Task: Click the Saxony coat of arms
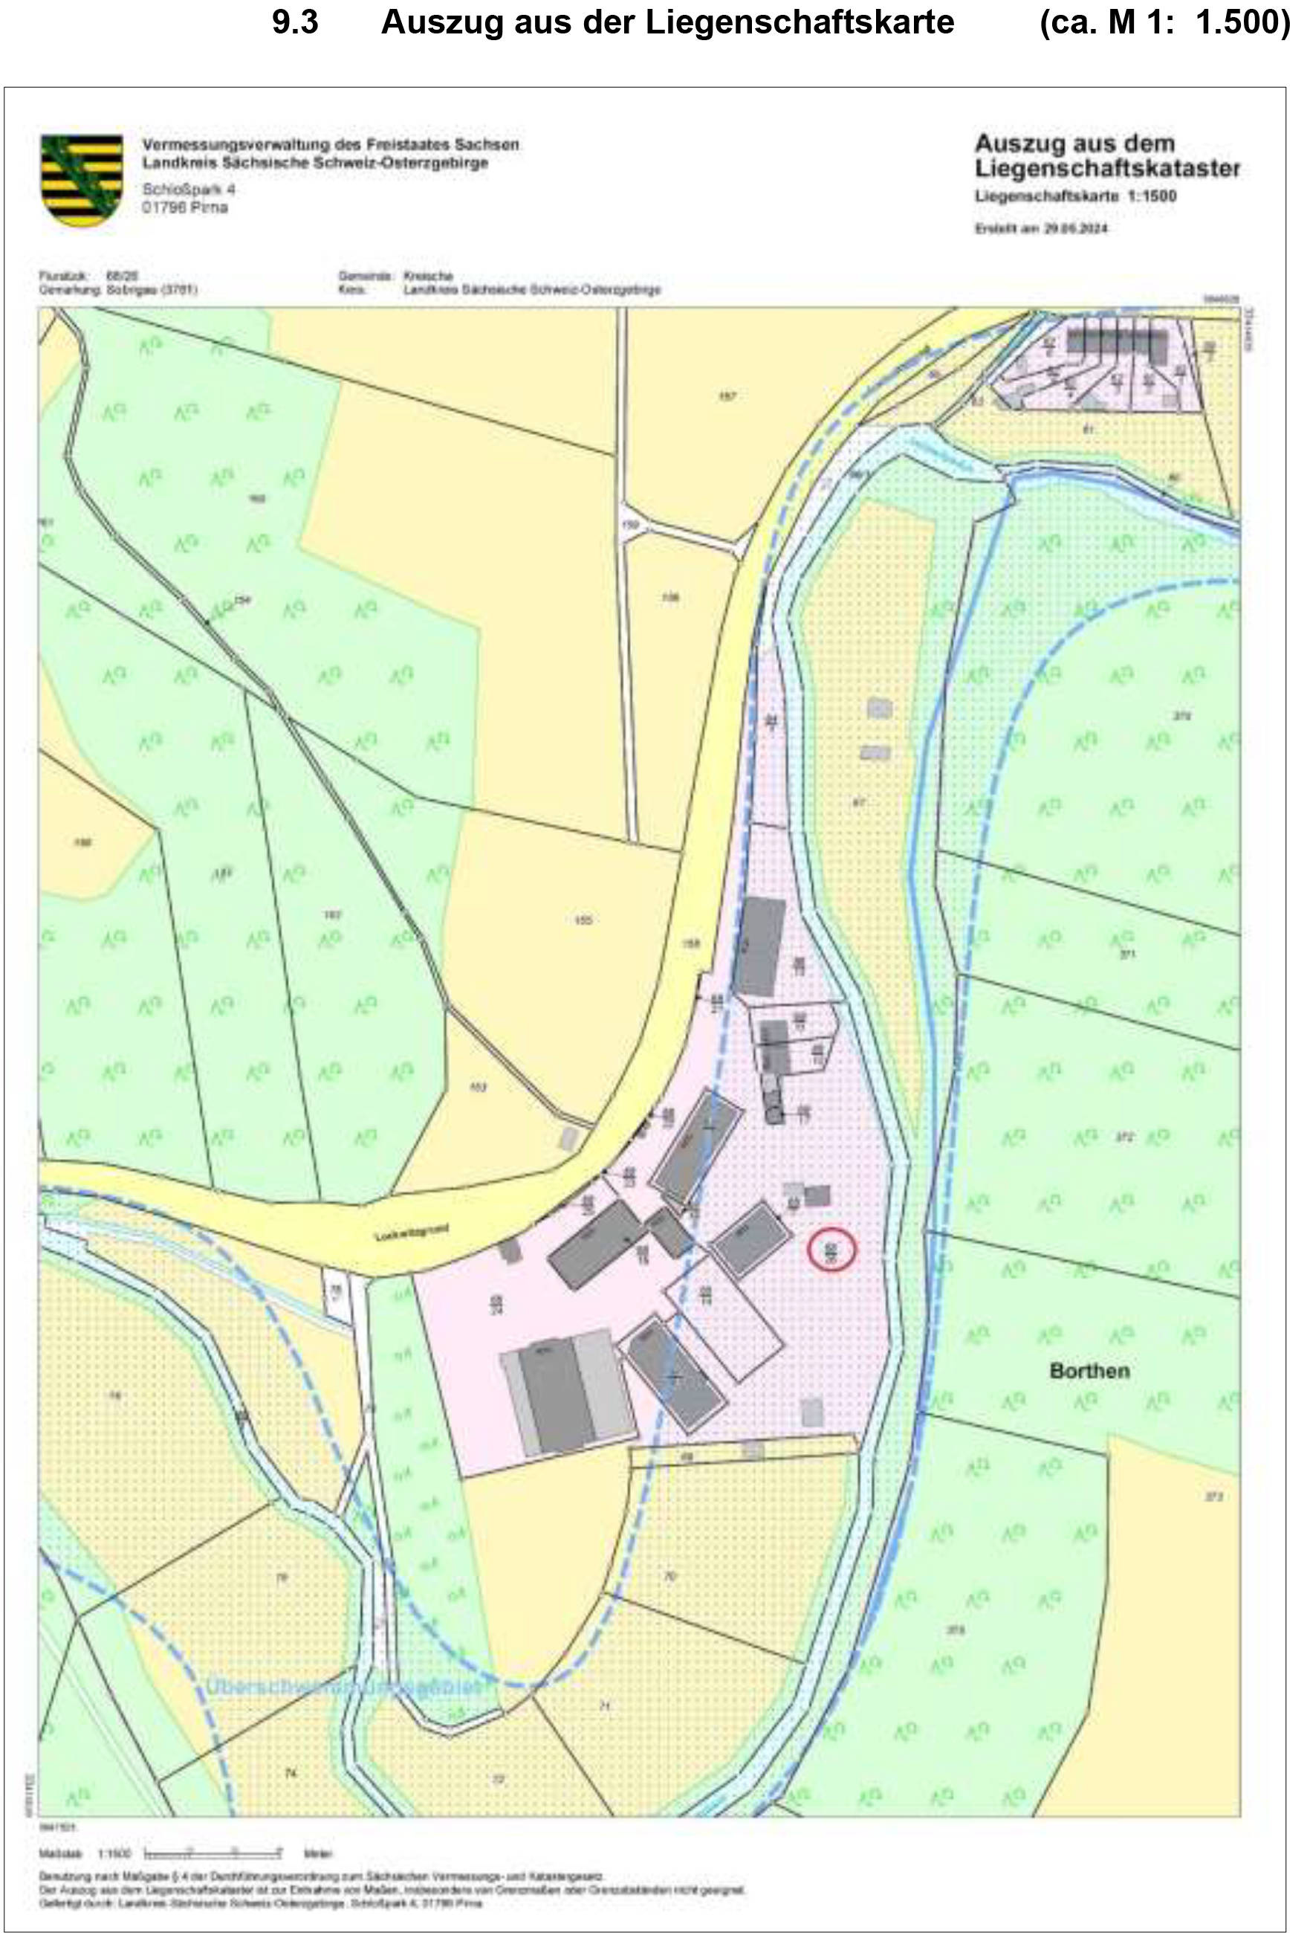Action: [82, 180]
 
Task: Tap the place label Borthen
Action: [1089, 1370]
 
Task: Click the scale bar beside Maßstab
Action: [213, 1853]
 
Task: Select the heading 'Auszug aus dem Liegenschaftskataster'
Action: [1106, 155]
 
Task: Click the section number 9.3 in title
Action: [295, 22]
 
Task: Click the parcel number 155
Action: [583, 920]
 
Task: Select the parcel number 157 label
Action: [727, 396]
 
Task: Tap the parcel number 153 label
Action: [478, 1087]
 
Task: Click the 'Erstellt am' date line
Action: [1040, 228]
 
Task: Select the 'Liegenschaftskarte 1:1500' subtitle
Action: [1075, 196]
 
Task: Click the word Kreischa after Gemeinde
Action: [428, 275]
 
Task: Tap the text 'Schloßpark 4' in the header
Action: [189, 189]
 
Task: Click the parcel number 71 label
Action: [605, 1705]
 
